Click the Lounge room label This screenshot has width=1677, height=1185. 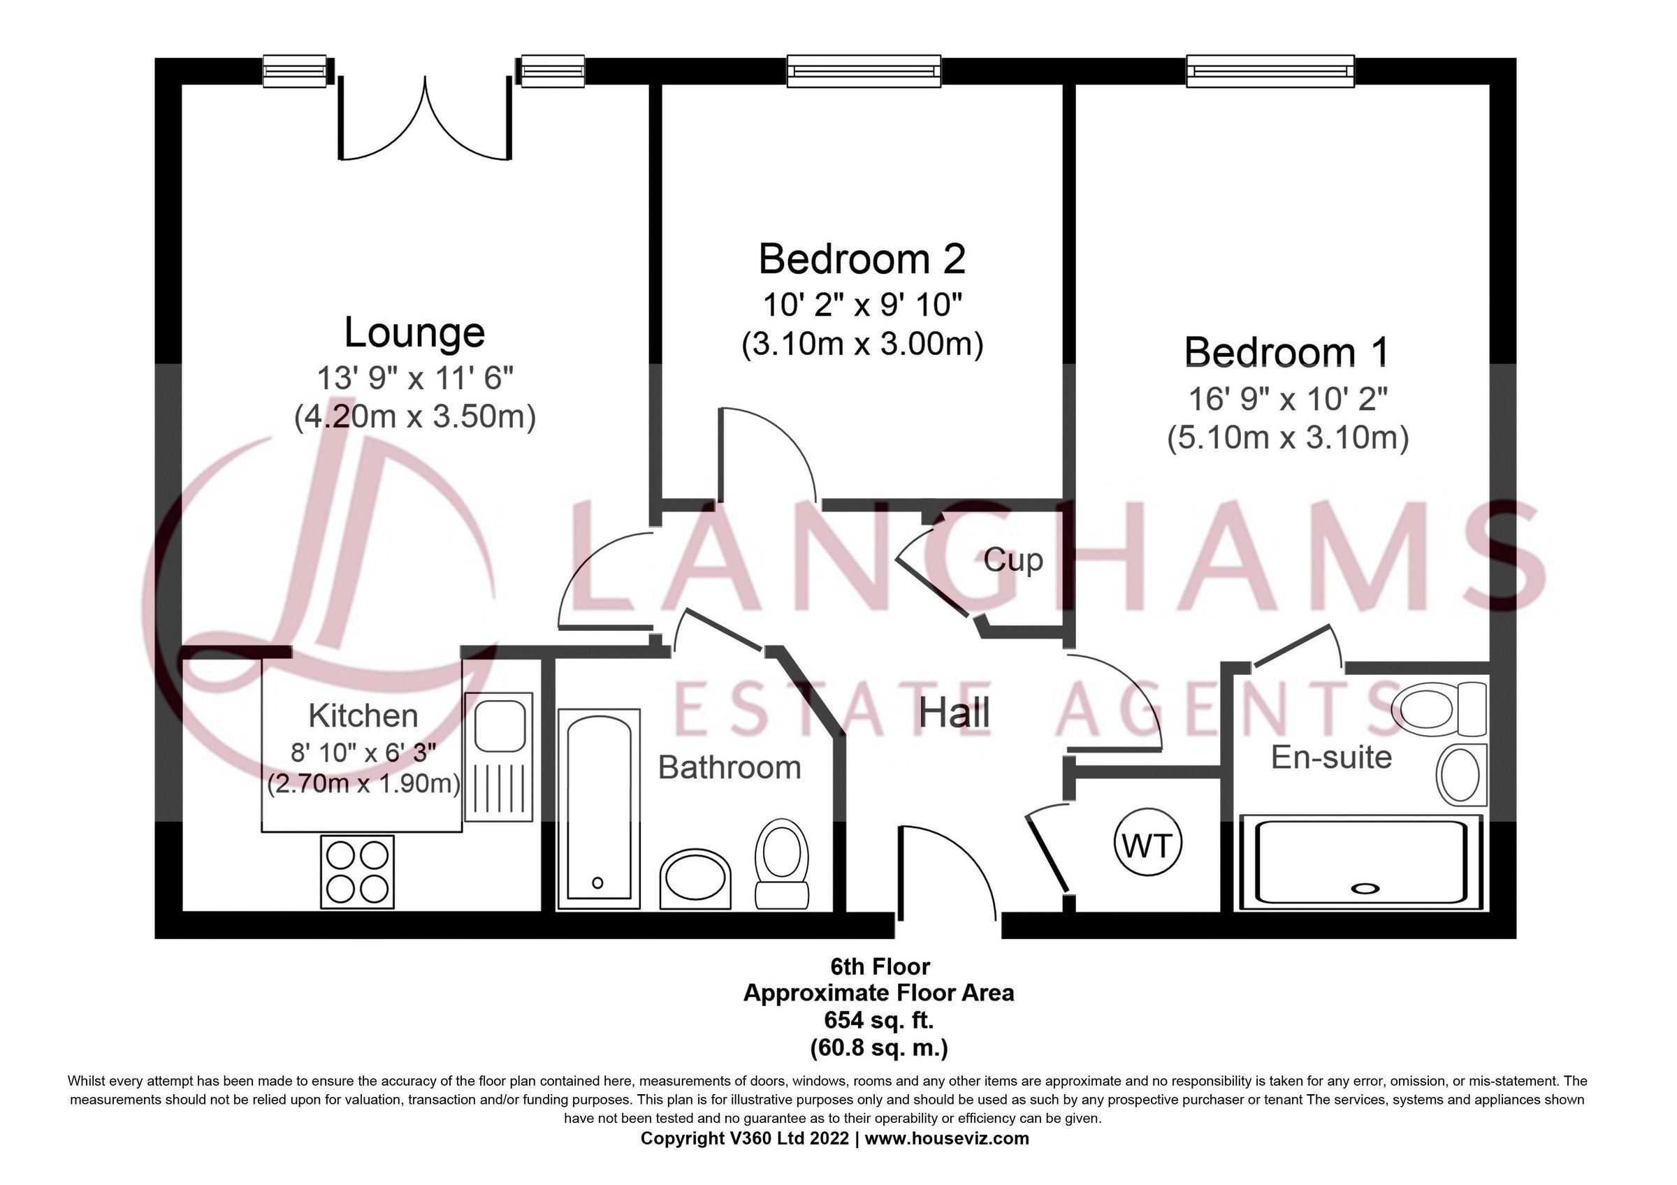414,333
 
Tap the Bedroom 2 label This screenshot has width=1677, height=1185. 862,259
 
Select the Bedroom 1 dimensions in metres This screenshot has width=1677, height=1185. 1288,438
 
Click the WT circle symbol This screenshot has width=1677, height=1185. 1147,845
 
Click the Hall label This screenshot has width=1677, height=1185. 954,713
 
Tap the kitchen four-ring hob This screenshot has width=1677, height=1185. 357,872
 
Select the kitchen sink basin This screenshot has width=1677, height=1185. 500,725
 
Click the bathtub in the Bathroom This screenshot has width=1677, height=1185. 599,808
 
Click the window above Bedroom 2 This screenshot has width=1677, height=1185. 864,71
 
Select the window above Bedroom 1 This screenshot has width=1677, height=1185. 1270,71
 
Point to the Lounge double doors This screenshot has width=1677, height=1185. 424,120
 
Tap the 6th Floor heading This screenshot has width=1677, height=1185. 880,967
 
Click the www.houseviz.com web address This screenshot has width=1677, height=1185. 947,1137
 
